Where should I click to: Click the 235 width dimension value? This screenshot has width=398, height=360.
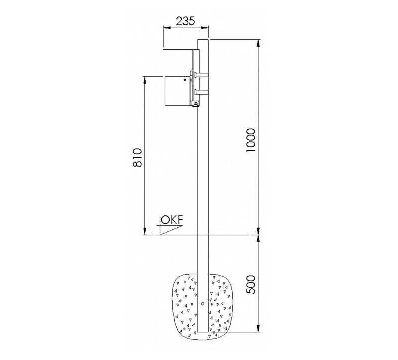coord(185,21)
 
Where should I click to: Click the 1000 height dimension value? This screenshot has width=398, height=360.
coord(251,140)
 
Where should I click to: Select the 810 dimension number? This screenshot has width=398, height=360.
coord(137,158)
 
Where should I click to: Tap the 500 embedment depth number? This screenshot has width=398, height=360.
coord(251,284)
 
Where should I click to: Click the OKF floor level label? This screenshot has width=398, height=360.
coord(172,220)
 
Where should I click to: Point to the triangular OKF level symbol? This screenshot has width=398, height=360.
coord(170,230)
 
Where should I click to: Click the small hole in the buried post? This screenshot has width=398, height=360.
coord(203,303)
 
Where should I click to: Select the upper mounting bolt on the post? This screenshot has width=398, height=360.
coord(201,75)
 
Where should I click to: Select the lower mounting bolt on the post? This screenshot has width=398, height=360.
coord(201,92)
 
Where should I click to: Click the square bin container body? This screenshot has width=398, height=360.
coord(178,91)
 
